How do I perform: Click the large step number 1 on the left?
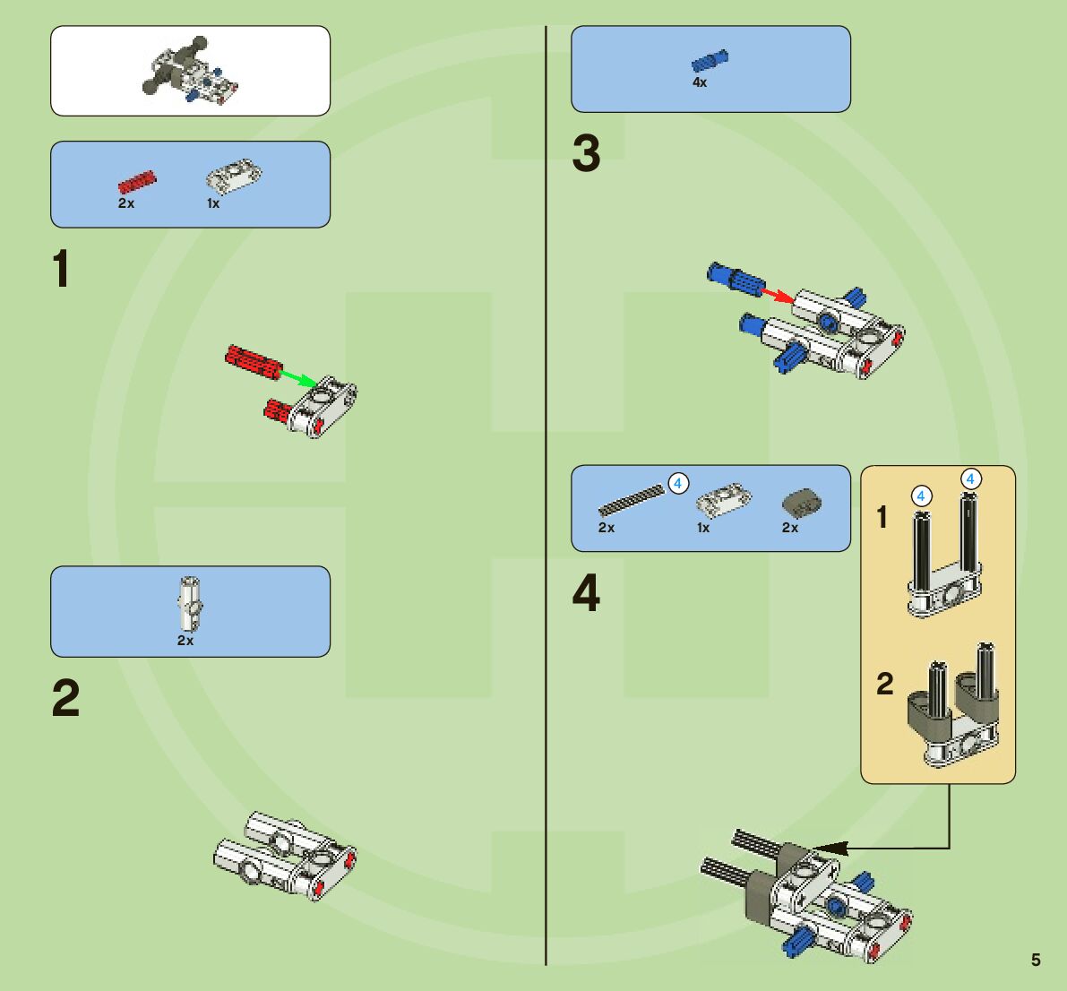point(60,269)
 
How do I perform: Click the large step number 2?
point(65,699)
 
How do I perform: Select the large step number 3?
point(587,153)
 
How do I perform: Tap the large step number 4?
point(587,594)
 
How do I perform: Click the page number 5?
point(1036,960)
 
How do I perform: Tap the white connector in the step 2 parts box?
point(189,602)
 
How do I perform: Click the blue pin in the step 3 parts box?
point(710,61)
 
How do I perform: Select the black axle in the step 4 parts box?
point(631,500)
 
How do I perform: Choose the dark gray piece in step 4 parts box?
point(801,503)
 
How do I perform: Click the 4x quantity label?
point(700,82)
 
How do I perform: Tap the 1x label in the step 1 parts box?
point(213,203)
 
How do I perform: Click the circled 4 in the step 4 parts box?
point(678,484)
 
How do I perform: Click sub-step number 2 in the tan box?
point(884,685)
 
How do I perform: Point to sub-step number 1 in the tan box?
point(882,517)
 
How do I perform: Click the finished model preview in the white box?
point(190,71)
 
